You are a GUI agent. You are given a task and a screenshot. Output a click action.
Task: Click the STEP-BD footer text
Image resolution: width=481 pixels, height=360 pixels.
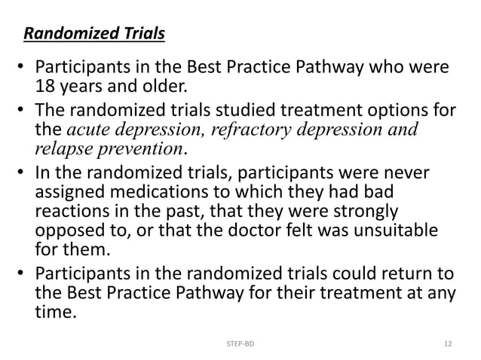click(240, 343)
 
